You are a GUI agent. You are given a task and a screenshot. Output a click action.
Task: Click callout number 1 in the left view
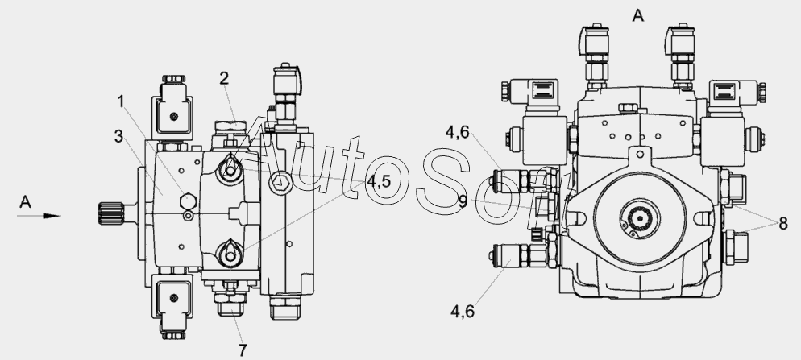tap(121, 101)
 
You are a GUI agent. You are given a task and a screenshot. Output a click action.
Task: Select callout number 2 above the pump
tap(224, 78)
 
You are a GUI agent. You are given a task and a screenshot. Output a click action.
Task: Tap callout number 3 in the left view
tap(118, 136)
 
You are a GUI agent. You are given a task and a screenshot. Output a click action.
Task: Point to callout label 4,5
tap(379, 181)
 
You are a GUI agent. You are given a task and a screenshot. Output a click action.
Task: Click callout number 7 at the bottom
tap(243, 350)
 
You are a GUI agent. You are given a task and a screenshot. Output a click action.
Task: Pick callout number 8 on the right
tap(783, 223)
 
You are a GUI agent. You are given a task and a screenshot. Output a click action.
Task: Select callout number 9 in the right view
tap(463, 201)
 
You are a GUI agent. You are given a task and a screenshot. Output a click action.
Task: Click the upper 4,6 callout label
tap(457, 132)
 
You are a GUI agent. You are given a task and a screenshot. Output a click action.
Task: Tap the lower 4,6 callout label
tap(463, 311)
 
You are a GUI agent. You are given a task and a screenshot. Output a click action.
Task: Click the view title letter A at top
tap(638, 16)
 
